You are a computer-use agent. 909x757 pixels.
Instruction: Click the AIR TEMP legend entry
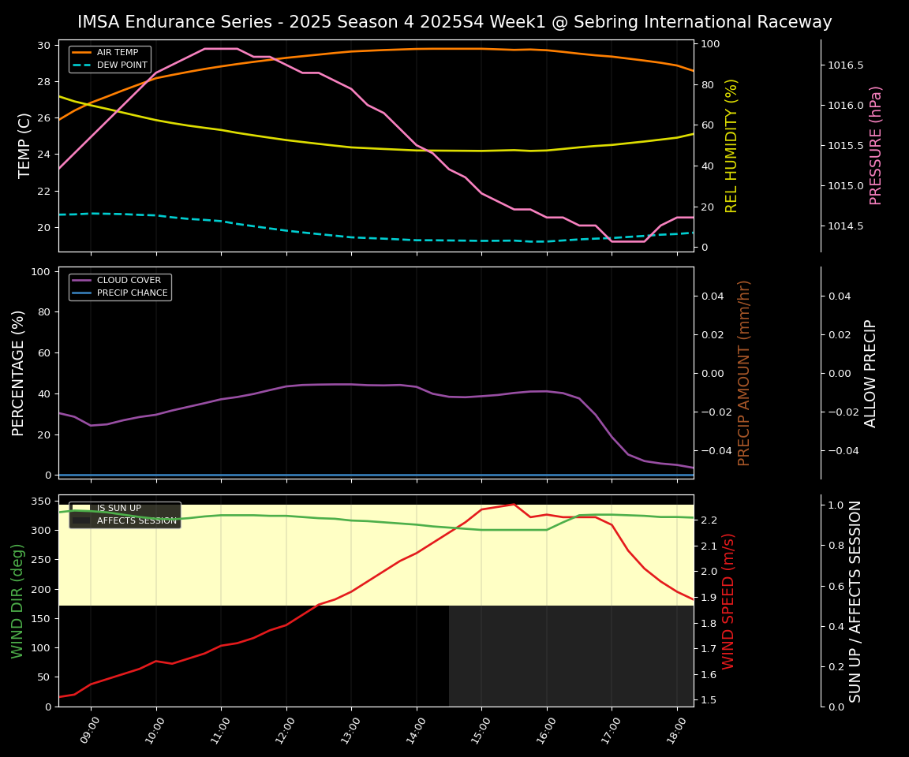point(118,52)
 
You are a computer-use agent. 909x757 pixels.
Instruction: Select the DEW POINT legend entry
point(122,65)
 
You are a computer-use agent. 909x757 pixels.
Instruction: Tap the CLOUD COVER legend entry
point(129,280)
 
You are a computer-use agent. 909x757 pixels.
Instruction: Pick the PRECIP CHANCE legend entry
point(132,293)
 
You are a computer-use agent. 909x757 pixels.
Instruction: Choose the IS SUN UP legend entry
point(118,509)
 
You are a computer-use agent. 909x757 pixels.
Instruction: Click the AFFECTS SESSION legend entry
point(137,520)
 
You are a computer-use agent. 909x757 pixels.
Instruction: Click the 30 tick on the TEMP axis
point(44,45)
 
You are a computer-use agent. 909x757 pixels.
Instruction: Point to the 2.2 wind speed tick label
point(708,520)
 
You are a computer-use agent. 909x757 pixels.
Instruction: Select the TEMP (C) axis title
point(25,145)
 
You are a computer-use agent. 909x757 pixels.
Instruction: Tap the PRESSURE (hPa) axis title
point(876,145)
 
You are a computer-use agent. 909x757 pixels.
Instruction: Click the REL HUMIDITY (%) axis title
point(731,145)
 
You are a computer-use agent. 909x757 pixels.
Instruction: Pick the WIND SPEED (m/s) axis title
point(728,601)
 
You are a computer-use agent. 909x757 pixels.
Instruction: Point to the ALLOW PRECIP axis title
point(870,373)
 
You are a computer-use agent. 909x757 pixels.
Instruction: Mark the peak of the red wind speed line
point(514,504)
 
